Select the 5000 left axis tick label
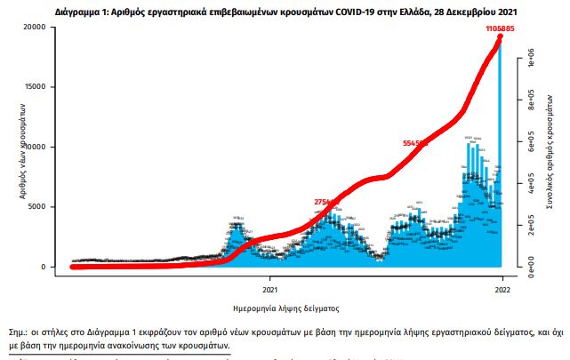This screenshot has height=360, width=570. (36, 207)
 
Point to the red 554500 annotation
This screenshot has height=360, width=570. (415, 142)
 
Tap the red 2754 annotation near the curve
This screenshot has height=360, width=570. (325, 202)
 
